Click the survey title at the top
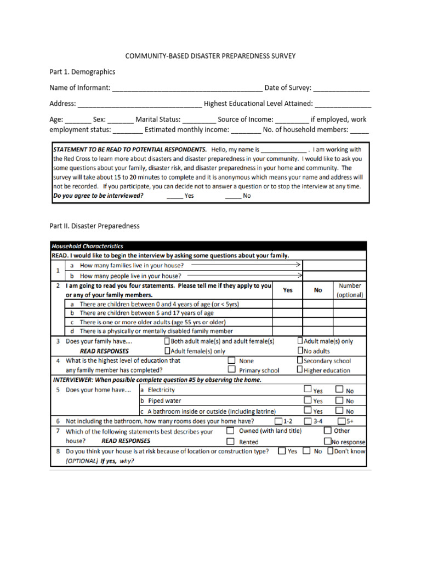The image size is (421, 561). [x=210, y=56]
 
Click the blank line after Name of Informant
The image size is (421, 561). [x=187, y=89]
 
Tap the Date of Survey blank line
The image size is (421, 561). [x=342, y=89]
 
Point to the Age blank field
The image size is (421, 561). [x=78, y=120]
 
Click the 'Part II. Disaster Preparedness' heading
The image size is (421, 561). [x=94, y=226]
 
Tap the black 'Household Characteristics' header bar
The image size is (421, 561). [x=208, y=247]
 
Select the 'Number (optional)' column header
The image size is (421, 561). [x=350, y=290]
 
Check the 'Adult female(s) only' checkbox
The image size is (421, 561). [x=167, y=351]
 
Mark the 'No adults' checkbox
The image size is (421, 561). [x=300, y=351]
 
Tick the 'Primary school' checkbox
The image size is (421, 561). [x=231, y=370]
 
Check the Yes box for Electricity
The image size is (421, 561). [x=308, y=390]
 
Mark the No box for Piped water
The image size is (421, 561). [x=339, y=400]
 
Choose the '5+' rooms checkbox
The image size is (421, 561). [x=341, y=421]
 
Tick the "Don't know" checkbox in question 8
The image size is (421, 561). [x=330, y=451]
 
